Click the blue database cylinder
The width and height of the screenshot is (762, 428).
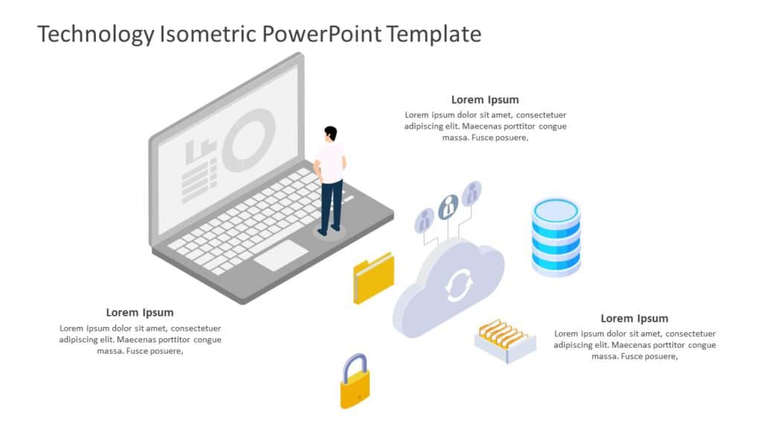(556, 236)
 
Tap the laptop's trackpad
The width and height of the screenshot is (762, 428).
(281, 255)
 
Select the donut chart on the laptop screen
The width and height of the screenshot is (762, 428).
(249, 140)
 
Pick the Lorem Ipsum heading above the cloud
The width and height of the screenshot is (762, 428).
(485, 100)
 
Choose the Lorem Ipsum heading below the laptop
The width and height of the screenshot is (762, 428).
(140, 312)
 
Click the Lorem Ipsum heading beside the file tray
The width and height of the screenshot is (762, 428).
(634, 318)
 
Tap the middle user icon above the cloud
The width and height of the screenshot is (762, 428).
(447, 207)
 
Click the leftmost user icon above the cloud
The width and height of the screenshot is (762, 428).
(424, 219)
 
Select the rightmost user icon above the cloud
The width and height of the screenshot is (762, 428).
(471, 194)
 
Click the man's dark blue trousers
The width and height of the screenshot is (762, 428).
(330, 204)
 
